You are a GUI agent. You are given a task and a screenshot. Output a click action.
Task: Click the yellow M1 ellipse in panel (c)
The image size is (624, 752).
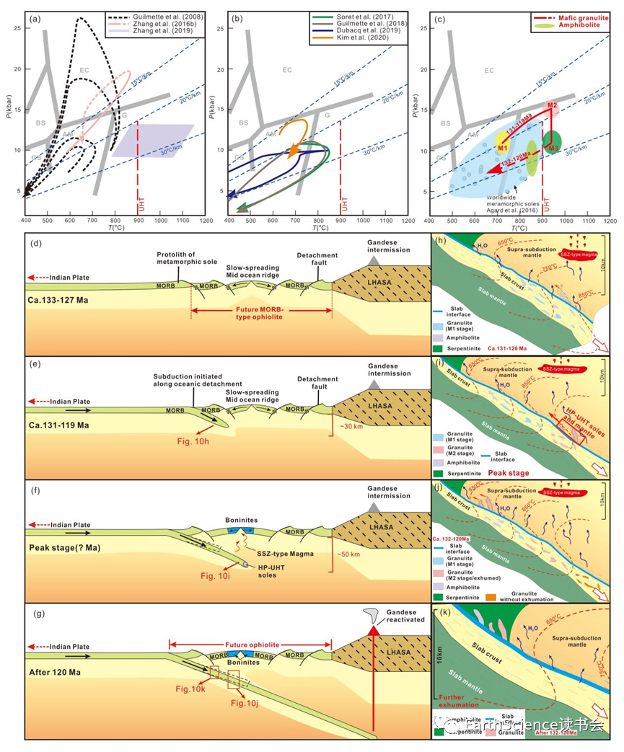[x=503, y=148]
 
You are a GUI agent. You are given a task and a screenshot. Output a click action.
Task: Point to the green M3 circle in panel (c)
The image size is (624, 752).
[x=553, y=141]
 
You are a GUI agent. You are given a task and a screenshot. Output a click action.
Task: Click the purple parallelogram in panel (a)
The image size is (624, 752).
[x=152, y=140]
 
